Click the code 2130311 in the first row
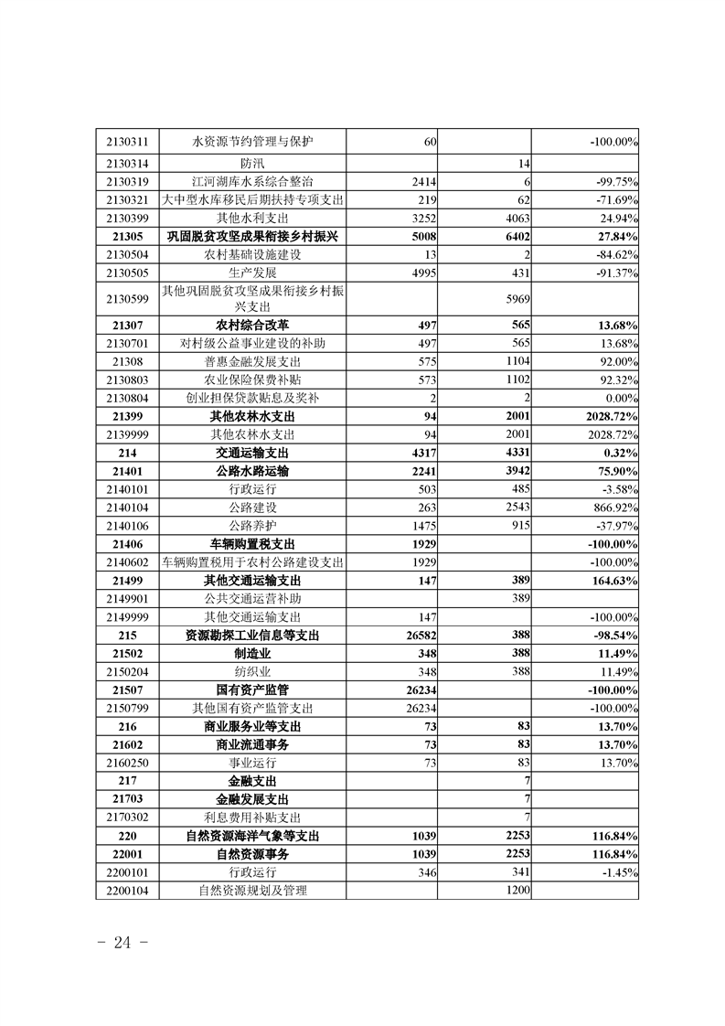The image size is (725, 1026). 127,142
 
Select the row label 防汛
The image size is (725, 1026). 252,163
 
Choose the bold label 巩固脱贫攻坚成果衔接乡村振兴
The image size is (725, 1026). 252,236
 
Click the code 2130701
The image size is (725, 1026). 127,343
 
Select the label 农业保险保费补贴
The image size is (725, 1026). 252,379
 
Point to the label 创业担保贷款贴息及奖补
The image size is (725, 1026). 252,398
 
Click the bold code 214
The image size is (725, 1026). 127,452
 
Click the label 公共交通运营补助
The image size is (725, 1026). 252,598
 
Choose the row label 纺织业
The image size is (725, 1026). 252,671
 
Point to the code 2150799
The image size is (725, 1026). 127,708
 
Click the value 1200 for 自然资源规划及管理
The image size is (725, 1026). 517,890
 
